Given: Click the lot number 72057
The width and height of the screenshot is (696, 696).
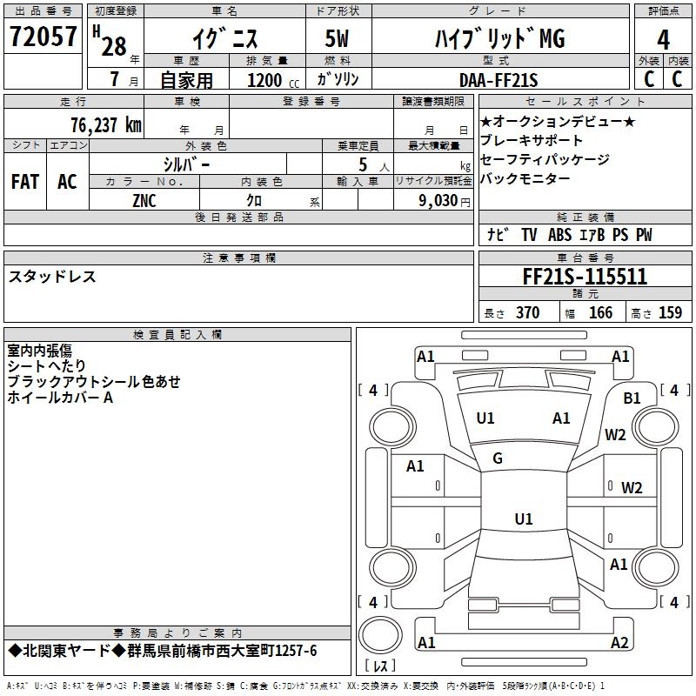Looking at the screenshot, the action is [x=43, y=37].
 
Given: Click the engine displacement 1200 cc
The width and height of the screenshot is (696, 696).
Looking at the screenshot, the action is [x=264, y=80].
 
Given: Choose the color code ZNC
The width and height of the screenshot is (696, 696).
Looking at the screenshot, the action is [x=144, y=199].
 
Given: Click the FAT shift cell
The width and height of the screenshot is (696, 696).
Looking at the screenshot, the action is [x=24, y=182].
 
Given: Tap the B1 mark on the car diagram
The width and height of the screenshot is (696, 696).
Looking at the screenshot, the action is [x=632, y=398].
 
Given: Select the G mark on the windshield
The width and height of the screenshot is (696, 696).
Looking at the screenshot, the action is [x=498, y=458].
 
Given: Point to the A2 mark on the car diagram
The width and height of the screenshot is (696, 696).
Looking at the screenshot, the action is [x=619, y=643].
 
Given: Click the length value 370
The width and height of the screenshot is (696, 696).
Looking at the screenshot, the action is [x=527, y=312].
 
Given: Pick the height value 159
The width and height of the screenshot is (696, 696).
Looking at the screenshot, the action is [x=670, y=312].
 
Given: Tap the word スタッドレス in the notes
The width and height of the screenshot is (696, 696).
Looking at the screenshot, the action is [x=52, y=277].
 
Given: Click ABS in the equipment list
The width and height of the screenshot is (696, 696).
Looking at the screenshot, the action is [x=559, y=235].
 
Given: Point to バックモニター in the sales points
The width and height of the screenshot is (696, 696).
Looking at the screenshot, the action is [x=525, y=178].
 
